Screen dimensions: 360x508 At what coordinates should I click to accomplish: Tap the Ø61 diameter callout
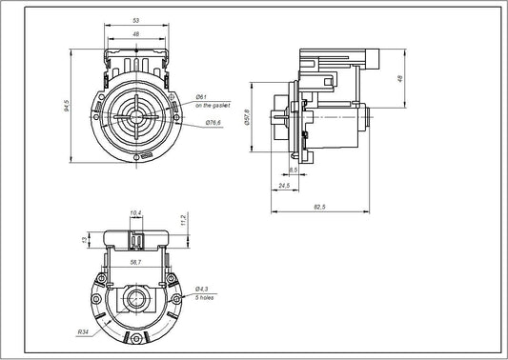[201, 98]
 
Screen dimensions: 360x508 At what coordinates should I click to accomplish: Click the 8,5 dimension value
[295, 170]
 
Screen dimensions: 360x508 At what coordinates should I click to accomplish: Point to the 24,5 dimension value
[284, 186]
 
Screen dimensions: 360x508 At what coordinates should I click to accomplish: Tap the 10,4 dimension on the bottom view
[134, 212]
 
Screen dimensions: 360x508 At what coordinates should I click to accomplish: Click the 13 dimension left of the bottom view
[85, 238]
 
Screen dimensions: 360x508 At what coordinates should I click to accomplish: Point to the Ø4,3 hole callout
[202, 289]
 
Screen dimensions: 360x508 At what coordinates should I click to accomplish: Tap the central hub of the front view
[137, 119]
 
